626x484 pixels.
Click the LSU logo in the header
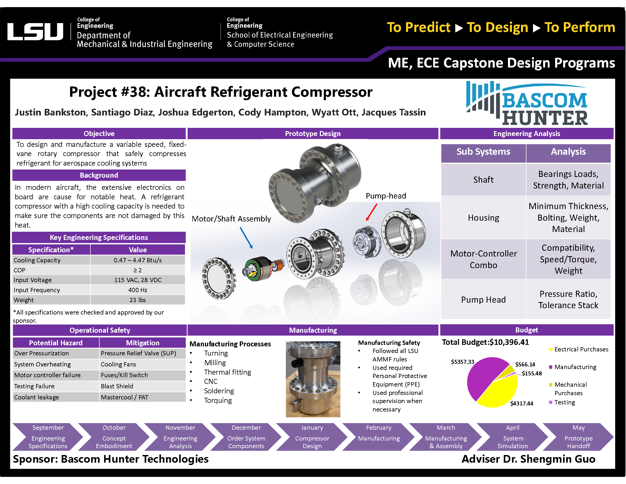click(35, 32)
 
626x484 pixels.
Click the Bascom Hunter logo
click(527, 104)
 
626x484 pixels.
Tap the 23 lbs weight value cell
click(137, 300)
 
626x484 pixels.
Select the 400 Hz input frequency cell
click(137, 290)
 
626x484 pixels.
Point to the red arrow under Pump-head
click(371, 212)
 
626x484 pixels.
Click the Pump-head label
click(385, 196)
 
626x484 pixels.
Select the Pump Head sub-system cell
click(483, 300)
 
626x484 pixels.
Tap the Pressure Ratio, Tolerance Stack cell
click(568, 300)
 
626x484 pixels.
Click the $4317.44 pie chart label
click(521, 403)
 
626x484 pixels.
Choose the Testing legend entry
click(564, 402)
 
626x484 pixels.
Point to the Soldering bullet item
click(219, 391)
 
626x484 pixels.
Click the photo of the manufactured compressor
click(313, 379)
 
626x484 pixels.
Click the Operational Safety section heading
click(100, 330)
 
